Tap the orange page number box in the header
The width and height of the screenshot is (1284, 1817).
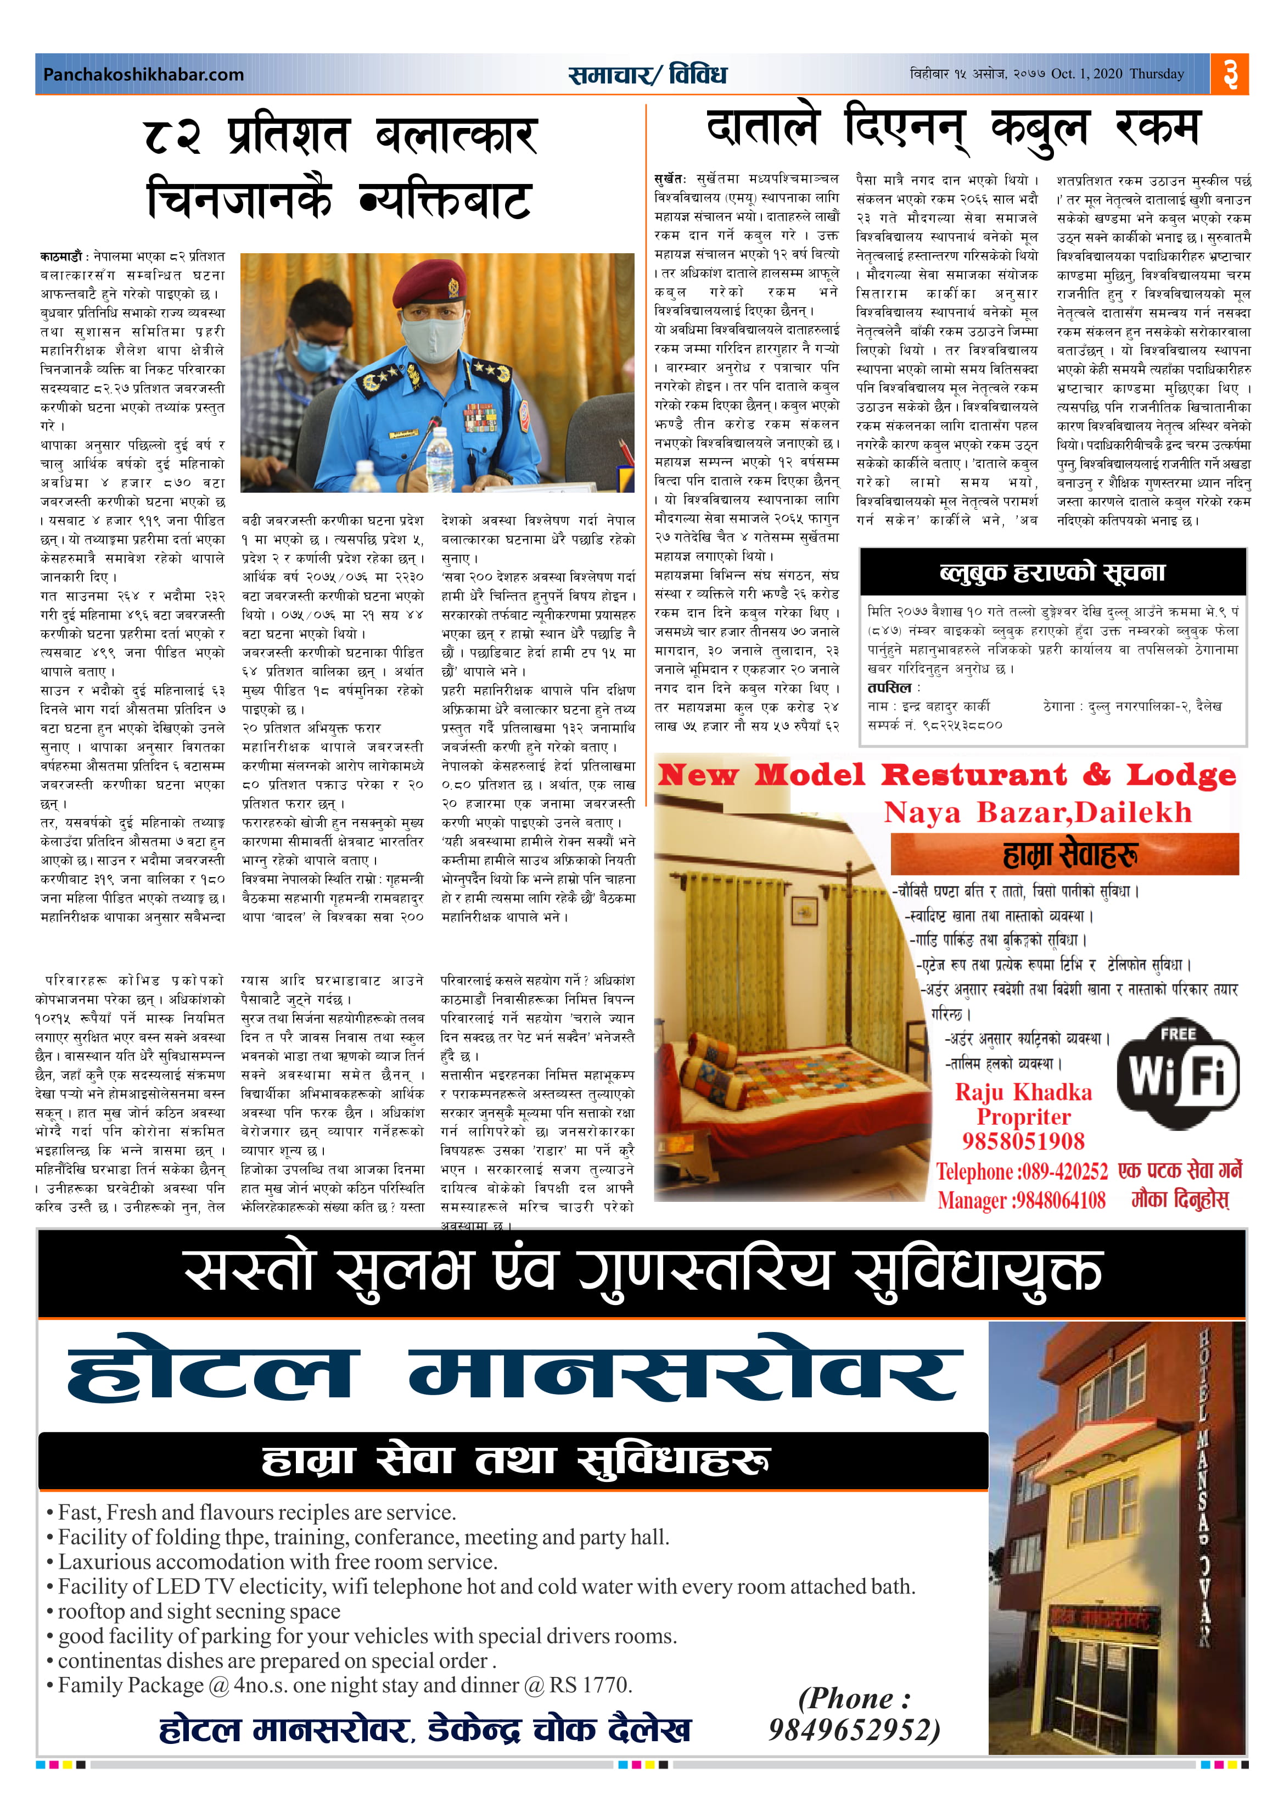click(x=1229, y=74)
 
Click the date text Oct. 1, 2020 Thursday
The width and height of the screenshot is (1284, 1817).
click(x=1117, y=74)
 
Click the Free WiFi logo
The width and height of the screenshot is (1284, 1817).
click(x=1178, y=1069)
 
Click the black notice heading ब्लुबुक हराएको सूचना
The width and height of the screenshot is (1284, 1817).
click(x=1052, y=571)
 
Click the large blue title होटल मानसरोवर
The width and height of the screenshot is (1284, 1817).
click(x=514, y=1377)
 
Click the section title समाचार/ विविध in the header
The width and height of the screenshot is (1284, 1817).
click(x=647, y=74)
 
